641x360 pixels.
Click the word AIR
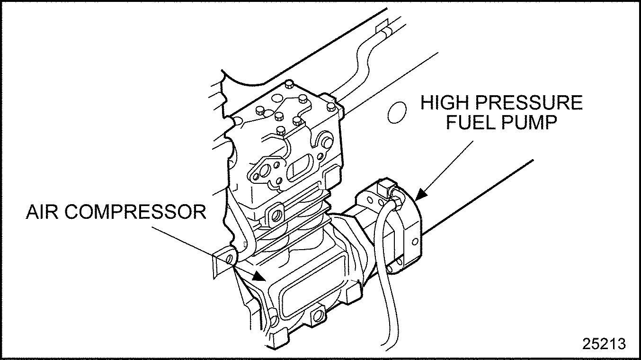pos(42,212)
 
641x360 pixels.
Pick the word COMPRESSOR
pos(135,212)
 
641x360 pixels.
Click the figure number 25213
pos(604,343)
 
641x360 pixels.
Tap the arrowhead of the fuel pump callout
pos(419,195)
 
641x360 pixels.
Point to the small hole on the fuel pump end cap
pos(415,242)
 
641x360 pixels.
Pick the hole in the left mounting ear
pos(230,259)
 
